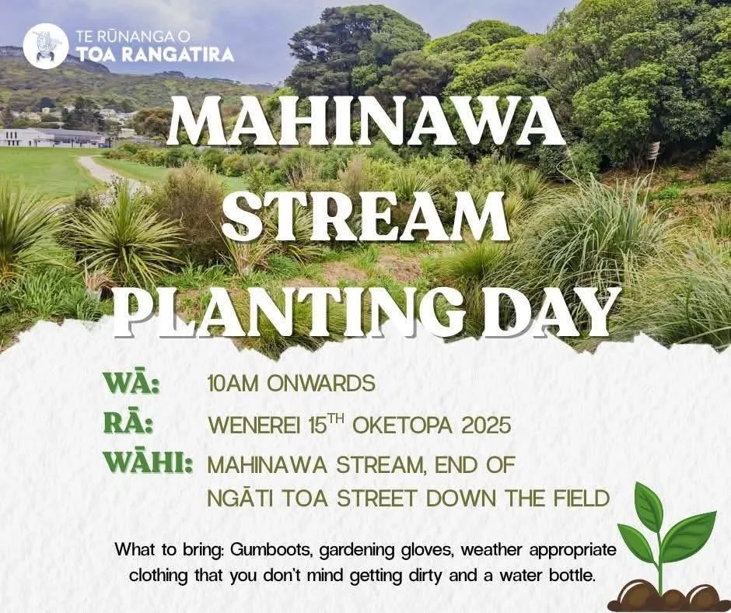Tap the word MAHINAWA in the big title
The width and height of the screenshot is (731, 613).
pos(365,124)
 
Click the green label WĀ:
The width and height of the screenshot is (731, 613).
pos(131,384)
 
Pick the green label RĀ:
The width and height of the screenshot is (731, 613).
pos(128,425)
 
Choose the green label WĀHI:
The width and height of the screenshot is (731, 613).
pos(149,465)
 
